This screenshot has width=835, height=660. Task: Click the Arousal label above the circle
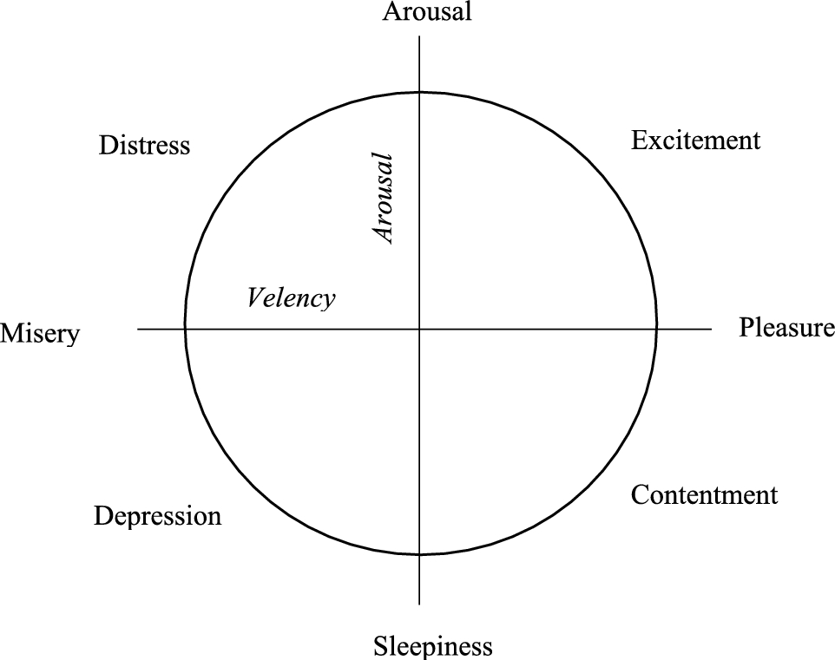click(x=427, y=12)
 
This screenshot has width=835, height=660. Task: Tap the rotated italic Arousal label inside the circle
click(x=383, y=199)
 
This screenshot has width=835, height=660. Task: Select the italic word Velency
click(x=291, y=298)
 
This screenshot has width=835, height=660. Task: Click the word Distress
click(x=144, y=145)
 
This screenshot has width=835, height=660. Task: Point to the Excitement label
click(x=695, y=140)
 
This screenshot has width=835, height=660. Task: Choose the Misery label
click(x=40, y=333)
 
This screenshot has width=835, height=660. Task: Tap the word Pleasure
click(x=786, y=328)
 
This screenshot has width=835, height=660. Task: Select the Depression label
click(x=157, y=517)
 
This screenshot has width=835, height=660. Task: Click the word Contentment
click(x=704, y=495)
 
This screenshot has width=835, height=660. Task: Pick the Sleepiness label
click(x=433, y=646)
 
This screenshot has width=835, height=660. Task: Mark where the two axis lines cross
click(x=420, y=329)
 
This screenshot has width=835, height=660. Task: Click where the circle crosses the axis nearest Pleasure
click(x=656, y=329)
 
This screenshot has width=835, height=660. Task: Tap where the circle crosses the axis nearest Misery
click(x=185, y=329)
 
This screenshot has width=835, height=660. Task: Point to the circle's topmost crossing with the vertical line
click(x=420, y=91)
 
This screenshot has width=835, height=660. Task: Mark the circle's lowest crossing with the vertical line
click(x=420, y=554)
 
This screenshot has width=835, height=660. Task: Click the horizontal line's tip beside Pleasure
click(x=711, y=329)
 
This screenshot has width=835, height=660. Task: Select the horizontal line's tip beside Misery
click(x=138, y=329)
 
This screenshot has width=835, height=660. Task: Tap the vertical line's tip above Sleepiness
click(x=420, y=604)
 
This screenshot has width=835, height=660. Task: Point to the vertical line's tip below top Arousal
click(x=420, y=36)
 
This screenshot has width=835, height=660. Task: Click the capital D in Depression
click(x=102, y=517)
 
